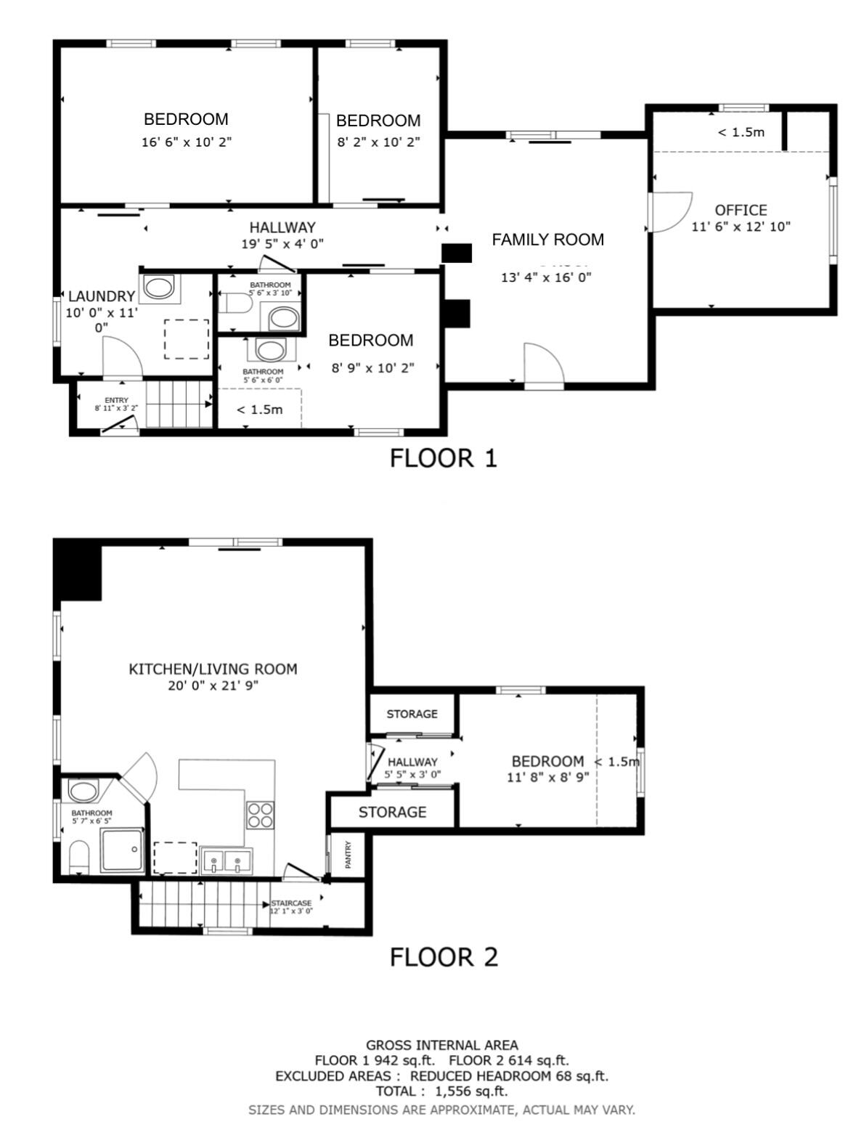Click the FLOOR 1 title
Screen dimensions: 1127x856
(443, 458)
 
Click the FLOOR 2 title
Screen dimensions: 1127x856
(444, 957)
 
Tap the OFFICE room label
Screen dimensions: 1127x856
(741, 211)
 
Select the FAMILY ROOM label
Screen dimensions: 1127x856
(547, 240)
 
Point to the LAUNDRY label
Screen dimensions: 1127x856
(101, 296)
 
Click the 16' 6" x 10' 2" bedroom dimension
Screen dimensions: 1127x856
(186, 142)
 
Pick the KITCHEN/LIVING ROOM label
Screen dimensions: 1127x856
(213, 669)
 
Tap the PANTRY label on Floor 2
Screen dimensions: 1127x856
(348, 855)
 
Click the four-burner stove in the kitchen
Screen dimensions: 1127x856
(261, 814)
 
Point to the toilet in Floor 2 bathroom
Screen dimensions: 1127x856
(78, 857)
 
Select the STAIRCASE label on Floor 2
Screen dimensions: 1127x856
(290, 903)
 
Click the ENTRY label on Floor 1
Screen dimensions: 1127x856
(116, 400)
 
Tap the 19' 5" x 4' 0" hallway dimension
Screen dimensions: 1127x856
(282, 245)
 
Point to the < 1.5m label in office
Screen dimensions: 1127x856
(741, 132)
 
